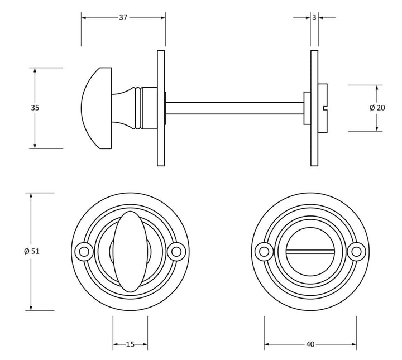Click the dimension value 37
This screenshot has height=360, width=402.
click(x=123, y=17)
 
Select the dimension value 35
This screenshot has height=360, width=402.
click(x=35, y=108)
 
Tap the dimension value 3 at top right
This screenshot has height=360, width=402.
click(x=314, y=17)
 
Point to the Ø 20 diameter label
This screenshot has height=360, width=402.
click(x=377, y=108)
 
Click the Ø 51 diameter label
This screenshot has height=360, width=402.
click(x=32, y=251)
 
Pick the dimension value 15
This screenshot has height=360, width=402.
click(x=130, y=344)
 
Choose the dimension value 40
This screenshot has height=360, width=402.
click(x=310, y=344)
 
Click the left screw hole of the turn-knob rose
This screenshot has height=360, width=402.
click(x=84, y=252)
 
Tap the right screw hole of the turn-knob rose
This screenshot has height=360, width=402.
click(x=177, y=252)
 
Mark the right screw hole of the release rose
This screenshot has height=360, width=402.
click(x=356, y=252)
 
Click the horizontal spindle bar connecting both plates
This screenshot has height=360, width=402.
click(x=234, y=108)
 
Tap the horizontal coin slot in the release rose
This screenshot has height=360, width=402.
click(x=310, y=252)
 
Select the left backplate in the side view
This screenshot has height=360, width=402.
click(x=161, y=108)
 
